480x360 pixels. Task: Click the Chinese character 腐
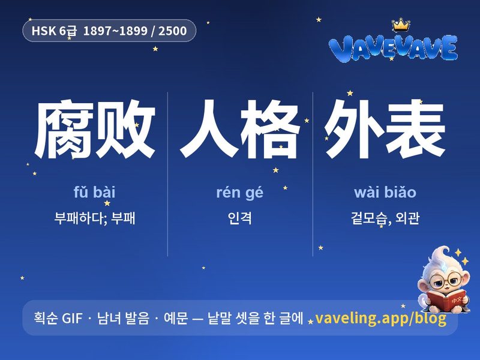[x=64, y=129]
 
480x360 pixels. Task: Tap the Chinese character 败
[x=125, y=129]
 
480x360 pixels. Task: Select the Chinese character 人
[x=209, y=129]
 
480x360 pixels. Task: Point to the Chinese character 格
[x=270, y=129]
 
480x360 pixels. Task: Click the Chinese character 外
[x=355, y=129]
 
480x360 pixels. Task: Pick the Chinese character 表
[x=415, y=129]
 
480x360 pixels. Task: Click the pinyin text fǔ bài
[x=95, y=193]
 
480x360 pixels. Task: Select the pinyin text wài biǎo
[x=385, y=193]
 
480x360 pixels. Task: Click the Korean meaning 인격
[x=239, y=218]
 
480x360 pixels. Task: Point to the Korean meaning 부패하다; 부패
[x=95, y=218]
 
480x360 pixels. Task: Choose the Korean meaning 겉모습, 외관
[x=385, y=218]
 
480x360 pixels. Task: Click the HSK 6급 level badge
[x=109, y=31]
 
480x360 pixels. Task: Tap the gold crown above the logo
[x=401, y=25]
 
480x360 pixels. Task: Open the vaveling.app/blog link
[x=380, y=318]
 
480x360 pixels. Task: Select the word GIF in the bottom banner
[x=72, y=319]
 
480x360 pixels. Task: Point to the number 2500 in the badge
[x=172, y=31]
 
